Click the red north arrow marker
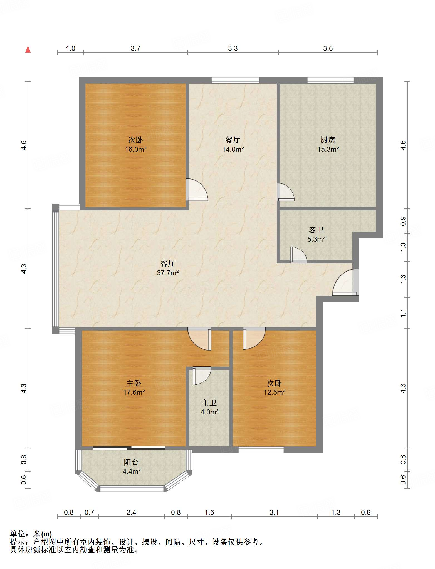28,49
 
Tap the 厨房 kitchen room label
328,140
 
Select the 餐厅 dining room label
233,140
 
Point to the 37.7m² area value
168,273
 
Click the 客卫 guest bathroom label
316,230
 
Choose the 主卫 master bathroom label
209,403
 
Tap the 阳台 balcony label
131,462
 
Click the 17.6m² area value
134,392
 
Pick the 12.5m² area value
275,392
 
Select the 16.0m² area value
135,149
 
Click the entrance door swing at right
346,282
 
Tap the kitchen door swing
286,192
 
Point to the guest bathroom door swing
299,255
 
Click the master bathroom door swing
202,376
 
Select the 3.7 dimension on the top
135,48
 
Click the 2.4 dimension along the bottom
131,512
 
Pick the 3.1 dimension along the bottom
274,512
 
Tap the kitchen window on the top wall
330,80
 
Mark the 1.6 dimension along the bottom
209,512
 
